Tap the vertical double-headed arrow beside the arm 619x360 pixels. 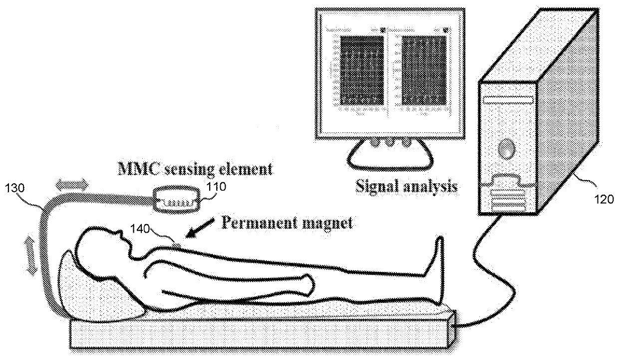pyautogui.click(x=31, y=255)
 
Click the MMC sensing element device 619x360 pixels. pyautogui.click(x=178, y=200)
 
